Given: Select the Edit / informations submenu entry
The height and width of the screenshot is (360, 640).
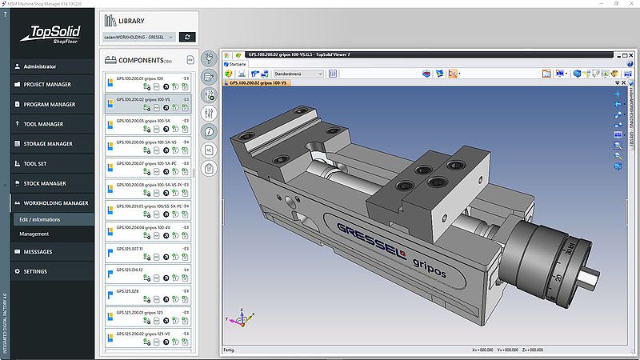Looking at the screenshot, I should (x=40, y=219).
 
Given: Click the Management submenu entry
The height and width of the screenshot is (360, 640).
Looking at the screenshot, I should (x=34, y=234).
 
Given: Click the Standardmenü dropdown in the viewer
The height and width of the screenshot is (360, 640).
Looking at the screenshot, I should (x=298, y=74).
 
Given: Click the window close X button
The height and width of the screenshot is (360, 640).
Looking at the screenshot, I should (x=629, y=4).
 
